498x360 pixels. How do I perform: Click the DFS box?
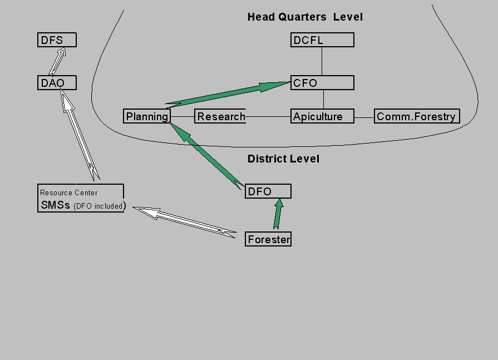pyautogui.click(x=57, y=40)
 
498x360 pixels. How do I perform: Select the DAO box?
pyautogui.click(x=57, y=83)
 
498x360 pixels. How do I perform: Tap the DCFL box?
pyautogui.click(x=322, y=40)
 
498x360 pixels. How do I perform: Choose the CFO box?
pyautogui.click(x=322, y=83)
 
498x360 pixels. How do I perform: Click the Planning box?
pyautogui.click(x=147, y=116)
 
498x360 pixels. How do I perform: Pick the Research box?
pyautogui.click(x=220, y=116)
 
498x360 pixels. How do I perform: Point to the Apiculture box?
pyautogui.click(x=322, y=116)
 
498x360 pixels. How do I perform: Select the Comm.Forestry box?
pyautogui.click(x=416, y=116)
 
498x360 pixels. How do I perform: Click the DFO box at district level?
pyautogui.click(x=268, y=191)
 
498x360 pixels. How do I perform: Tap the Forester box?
pyautogui.click(x=268, y=239)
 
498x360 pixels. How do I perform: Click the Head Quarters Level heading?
pyautogui.click(x=305, y=17)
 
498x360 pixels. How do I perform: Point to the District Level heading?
pyautogui.click(x=283, y=159)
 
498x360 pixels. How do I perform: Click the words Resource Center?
pyautogui.click(x=68, y=193)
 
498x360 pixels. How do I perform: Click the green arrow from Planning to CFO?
pyautogui.click(x=228, y=93)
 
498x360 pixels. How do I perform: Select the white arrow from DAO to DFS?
pyautogui.click(x=57, y=61)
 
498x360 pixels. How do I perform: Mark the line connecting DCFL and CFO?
pyautogui.click(x=322, y=61)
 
